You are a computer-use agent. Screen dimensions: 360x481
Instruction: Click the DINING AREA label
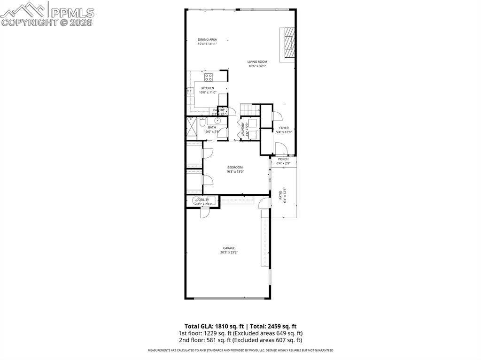click(x=207, y=39)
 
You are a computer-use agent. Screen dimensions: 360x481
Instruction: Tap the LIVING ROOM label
click(x=257, y=62)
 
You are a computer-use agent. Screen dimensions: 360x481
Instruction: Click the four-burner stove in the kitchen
click(x=208, y=77)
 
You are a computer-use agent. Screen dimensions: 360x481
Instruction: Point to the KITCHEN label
click(x=208, y=88)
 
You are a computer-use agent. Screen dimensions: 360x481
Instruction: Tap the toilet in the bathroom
click(x=201, y=125)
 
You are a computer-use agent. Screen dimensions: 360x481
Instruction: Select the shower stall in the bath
click(x=191, y=126)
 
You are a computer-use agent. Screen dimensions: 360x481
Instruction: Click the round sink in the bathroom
click(x=217, y=121)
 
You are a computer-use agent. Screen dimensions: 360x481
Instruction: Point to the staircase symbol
click(x=250, y=109)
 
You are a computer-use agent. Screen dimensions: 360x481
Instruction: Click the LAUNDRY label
click(x=243, y=130)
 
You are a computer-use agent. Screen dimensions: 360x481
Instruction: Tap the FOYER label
click(x=284, y=128)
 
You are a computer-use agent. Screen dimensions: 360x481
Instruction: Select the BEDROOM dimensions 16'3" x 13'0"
click(x=235, y=172)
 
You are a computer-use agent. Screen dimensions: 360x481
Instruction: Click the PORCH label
click(x=283, y=159)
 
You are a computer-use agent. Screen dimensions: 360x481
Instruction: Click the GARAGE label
click(x=229, y=248)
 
